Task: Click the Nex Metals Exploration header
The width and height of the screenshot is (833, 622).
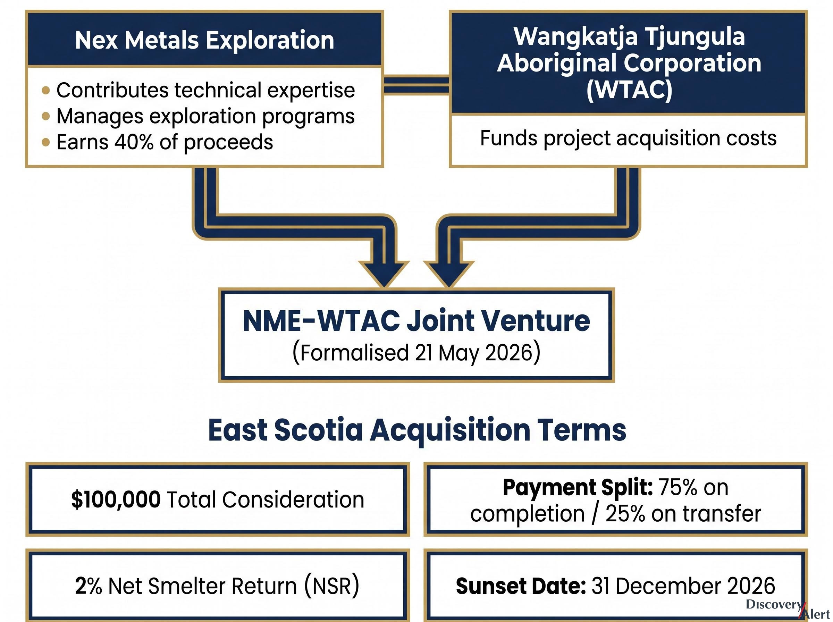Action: coord(204,40)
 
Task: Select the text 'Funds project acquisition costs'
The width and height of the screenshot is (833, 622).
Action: coord(628,138)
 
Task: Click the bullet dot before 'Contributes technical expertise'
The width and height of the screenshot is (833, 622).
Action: coord(46,90)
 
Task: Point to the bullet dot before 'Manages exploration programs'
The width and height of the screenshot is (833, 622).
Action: coord(46,116)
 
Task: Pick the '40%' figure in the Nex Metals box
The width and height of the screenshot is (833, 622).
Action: coord(134,142)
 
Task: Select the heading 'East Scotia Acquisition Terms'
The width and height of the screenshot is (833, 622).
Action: coord(417,430)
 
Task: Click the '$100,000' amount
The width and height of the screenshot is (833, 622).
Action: coord(116,499)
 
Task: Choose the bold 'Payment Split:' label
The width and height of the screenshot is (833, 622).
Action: coord(578,487)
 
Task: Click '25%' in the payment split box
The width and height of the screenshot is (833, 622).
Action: coord(625,514)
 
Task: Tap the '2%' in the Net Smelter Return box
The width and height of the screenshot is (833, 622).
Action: coord(89,586)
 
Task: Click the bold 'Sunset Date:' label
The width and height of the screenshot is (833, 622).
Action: coord(521,586)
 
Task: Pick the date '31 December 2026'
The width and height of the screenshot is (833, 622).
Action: coord(683,586)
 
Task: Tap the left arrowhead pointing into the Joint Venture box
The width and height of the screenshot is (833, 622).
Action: coord(384,274)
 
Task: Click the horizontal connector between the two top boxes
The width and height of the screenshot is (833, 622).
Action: coord(416,85)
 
